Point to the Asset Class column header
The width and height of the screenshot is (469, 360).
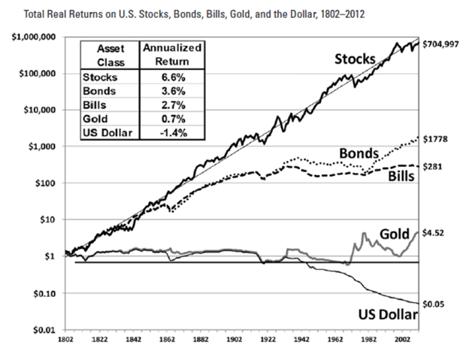(110, 53)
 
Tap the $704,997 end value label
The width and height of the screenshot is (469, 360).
(443, 44)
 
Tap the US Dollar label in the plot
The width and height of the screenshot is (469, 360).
(377, 311)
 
